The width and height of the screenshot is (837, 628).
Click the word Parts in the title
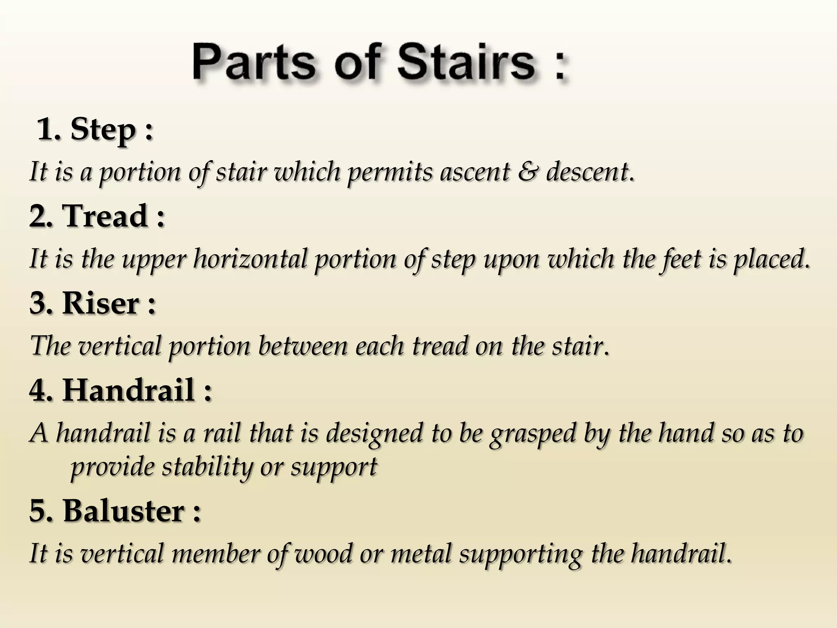tap(254, 63)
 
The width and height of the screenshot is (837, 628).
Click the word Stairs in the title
tap(466, 63)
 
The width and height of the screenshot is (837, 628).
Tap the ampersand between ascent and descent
tap(528, 172)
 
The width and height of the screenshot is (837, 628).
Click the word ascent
tap(474, 172)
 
